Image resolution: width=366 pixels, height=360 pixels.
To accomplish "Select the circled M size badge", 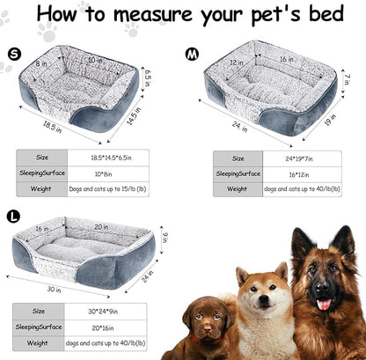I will pos(193,55).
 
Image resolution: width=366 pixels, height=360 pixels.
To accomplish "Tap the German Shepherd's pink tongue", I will pos(324,304).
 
